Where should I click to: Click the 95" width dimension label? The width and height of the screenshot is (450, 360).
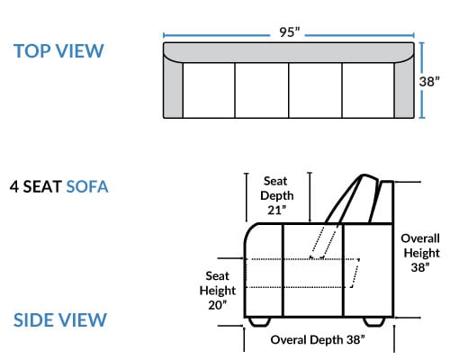(290, 32)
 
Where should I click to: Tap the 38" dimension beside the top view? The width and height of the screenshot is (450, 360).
(429, 82)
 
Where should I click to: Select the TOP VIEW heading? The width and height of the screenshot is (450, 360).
(58, 51)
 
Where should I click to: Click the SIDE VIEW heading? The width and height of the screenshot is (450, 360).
(60, 319)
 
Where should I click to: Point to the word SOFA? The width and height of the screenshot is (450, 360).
(87, 186)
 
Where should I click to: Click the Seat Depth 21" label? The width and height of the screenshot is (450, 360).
(276, 195)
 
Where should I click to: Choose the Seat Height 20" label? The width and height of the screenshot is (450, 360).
(218, 291)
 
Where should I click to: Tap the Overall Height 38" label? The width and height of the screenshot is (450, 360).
(420, 253)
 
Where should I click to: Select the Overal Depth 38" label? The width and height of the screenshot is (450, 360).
(318, 340)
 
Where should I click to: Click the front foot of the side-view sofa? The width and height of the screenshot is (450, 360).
(259, 321)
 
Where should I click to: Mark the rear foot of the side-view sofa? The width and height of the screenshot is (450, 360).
(374, 321)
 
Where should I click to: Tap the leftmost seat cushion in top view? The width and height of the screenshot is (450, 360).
(209, 90)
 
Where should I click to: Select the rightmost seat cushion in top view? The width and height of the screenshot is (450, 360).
(368, 90)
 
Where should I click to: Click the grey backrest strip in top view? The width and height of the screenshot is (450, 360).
(289, 52)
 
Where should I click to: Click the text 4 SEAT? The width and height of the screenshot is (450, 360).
(36, 186)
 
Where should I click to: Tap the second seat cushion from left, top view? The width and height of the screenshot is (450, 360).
(262, 90)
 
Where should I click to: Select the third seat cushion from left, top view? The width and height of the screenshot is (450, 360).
(315, 90)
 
